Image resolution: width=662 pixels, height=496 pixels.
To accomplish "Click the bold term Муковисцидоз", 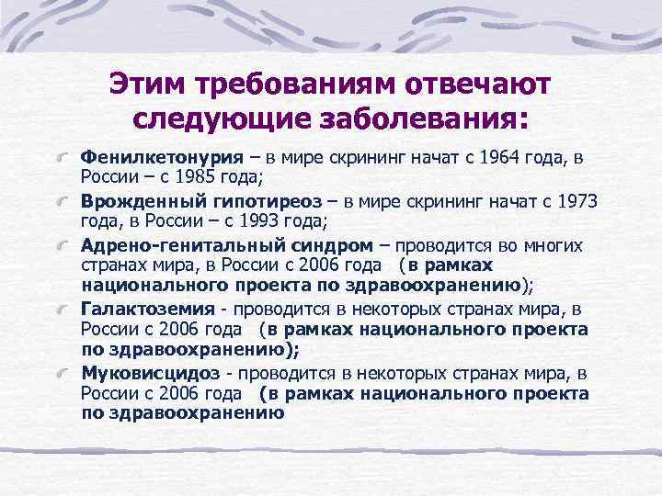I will point(150,374).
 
